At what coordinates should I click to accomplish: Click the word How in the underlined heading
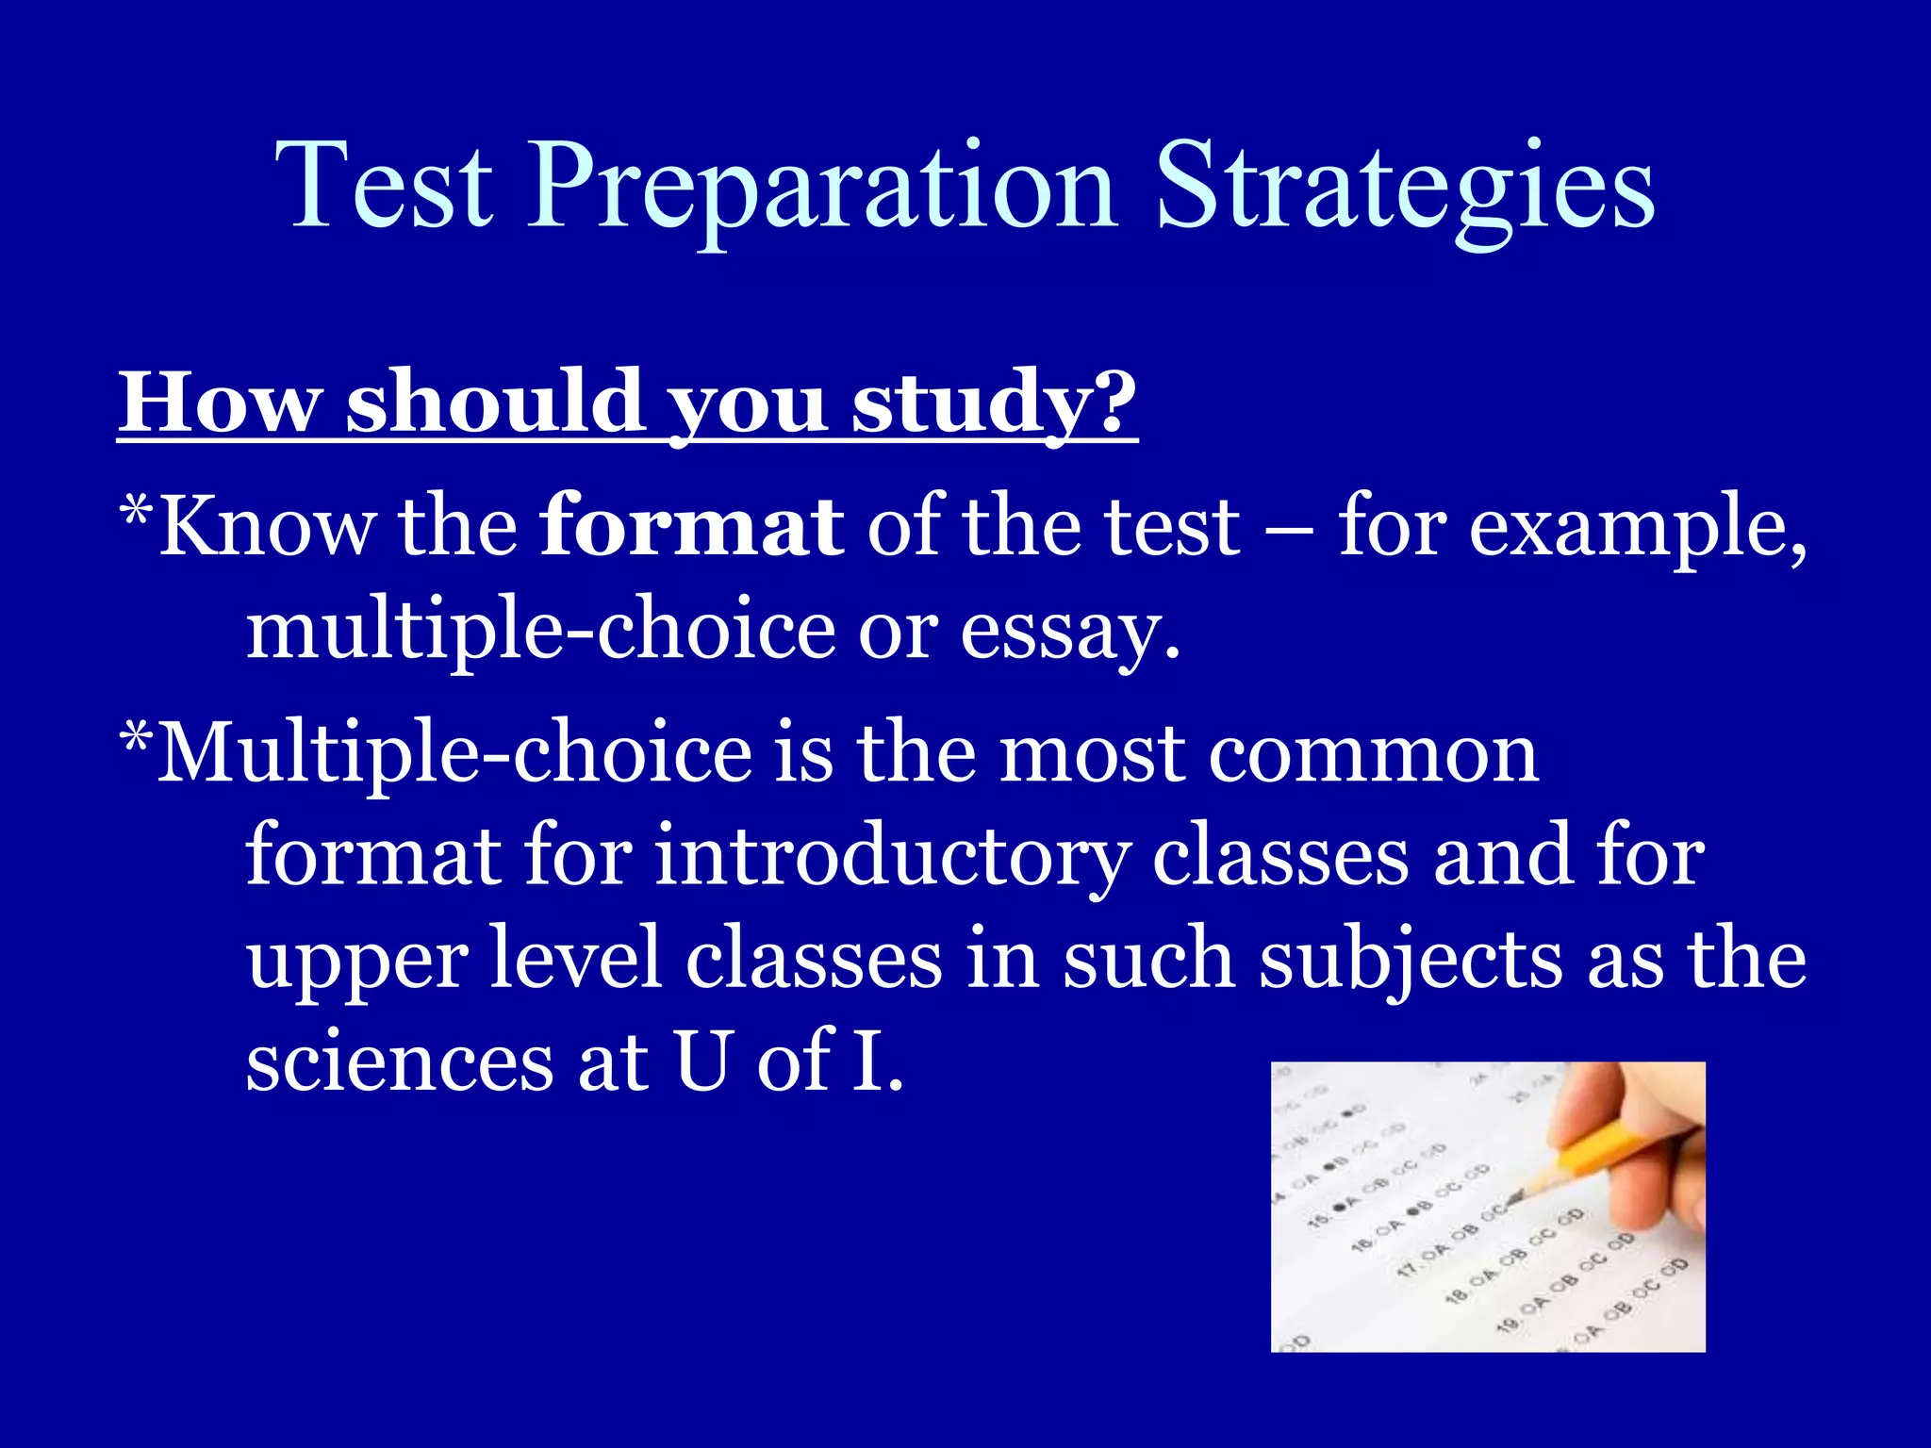click(x=220, y=403)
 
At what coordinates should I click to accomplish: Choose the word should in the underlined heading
click(x=496, y=403)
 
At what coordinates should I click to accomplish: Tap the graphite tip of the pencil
click(x=1512, y=1200)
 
